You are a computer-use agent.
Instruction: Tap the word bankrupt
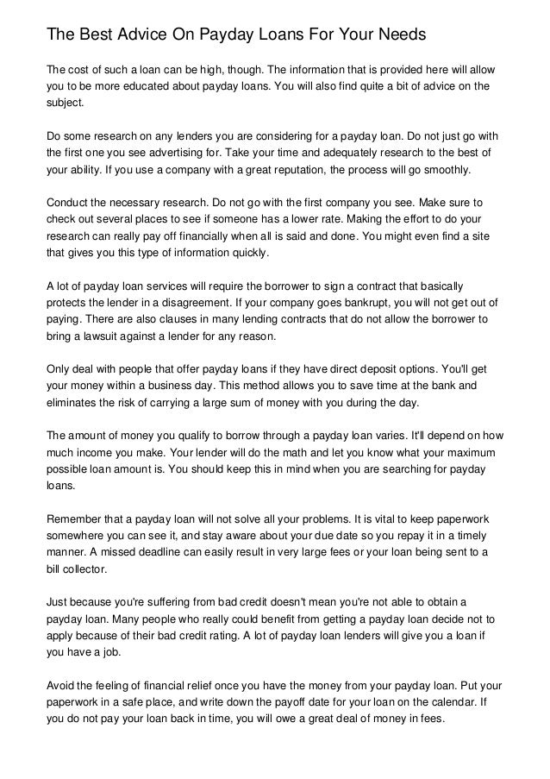click(365, 303)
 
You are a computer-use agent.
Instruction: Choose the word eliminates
click(72, 402)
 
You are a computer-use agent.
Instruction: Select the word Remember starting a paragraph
click(75, 519)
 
